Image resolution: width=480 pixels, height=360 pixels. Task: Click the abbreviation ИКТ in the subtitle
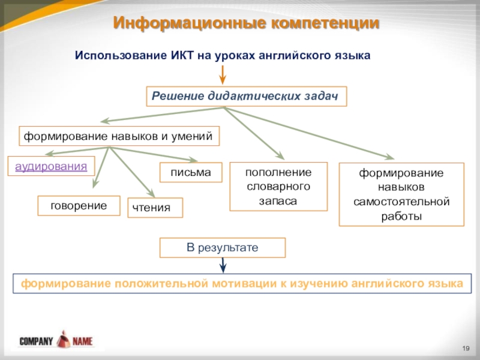click(x=177, y=55)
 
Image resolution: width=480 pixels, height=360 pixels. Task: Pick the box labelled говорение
click(x=79, y=206)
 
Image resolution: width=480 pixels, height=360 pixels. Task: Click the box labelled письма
click(x=190, y=173)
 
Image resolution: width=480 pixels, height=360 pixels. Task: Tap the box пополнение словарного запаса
click(x=278, y=187)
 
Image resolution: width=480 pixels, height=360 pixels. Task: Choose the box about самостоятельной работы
click(x=401, y=194)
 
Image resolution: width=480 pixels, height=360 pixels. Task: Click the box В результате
click(x=222, y=247)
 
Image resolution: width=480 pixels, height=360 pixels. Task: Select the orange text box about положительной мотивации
click(x=242, y=283)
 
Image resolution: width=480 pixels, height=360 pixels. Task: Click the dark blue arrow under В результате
click(x=223, y=265)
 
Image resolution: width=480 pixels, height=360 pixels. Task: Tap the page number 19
click(x=466, y=349)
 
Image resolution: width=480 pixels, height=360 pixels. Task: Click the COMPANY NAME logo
click(x=56, y=341)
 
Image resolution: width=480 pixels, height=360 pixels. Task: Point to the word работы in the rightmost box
click(x=401, y=215)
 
